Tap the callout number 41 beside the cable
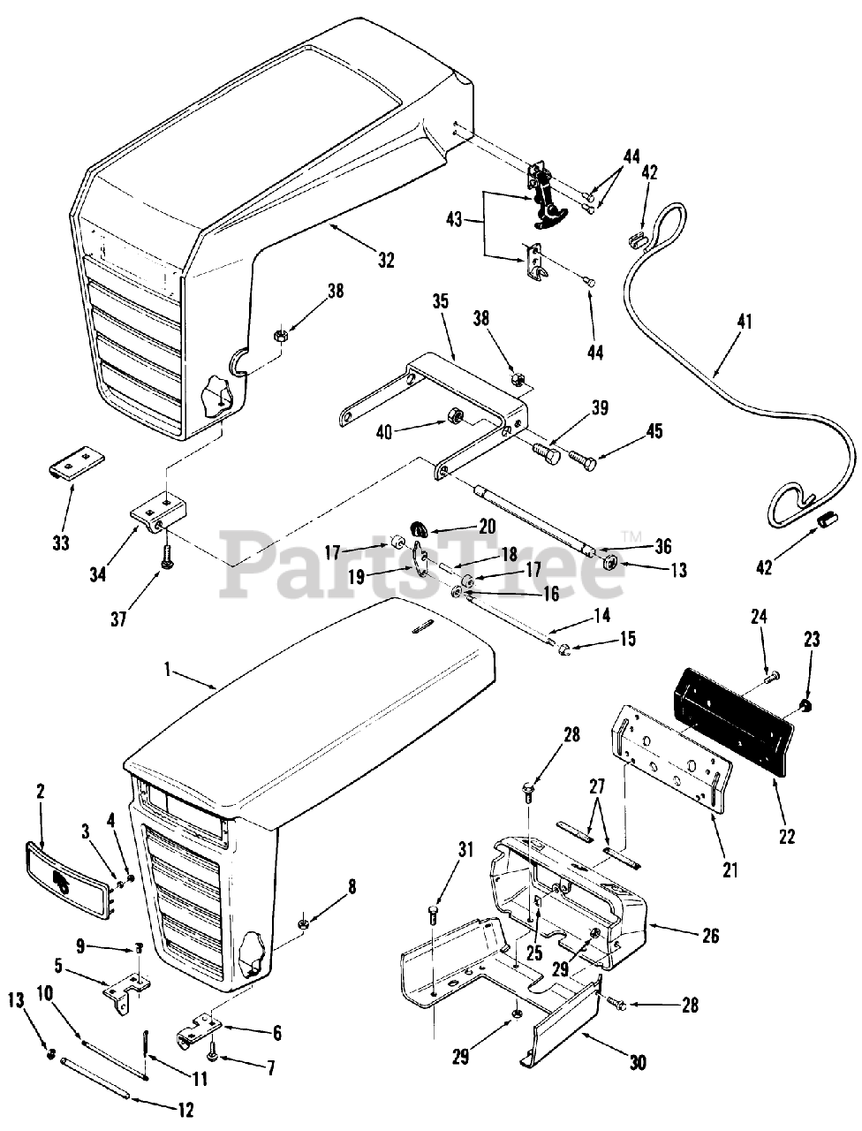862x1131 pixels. [744, 323]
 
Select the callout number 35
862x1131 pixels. [442, 302]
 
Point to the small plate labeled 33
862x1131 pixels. [76, 462]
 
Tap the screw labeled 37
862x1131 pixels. [165, 559]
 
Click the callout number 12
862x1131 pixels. [183, 1111]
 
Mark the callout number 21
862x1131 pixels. [730, 870]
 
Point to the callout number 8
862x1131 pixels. [352, 885]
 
